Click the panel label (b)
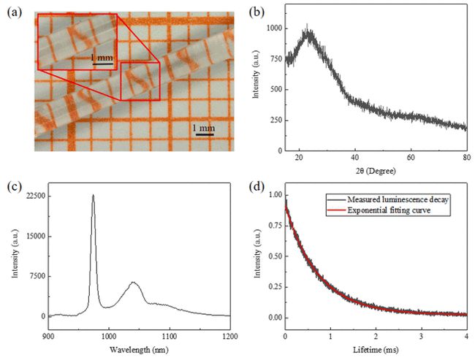click(x=257, y=9)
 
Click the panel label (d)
click(x=257, y=184)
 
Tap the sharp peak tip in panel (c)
click(x=93, y=195)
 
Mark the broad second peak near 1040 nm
click(x=133, y=283)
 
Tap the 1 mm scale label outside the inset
click(x=202, y=128)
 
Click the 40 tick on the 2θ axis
click(x=355, y=157)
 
